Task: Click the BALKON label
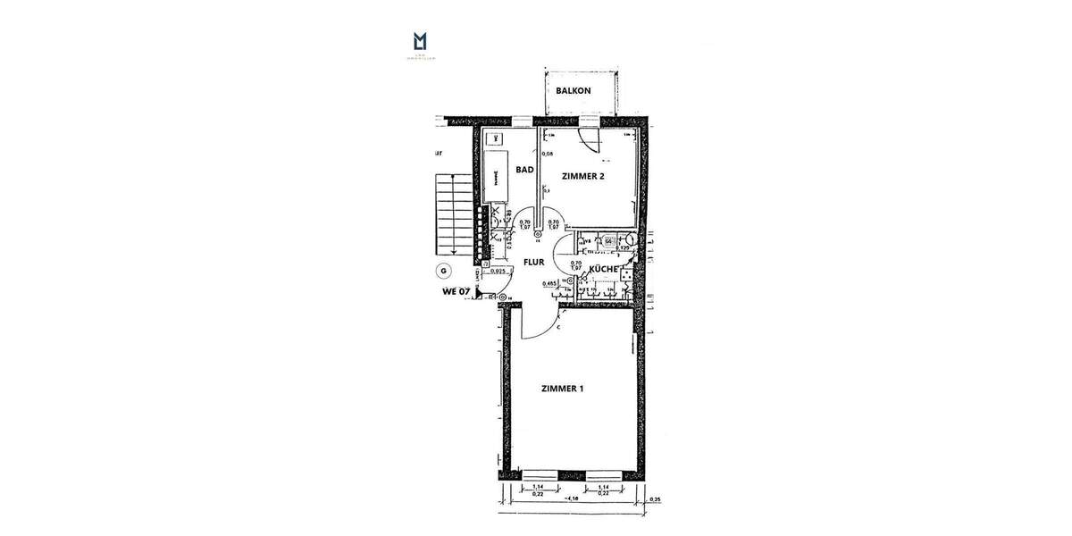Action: click(573, 91)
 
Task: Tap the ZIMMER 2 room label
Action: click(582, 177)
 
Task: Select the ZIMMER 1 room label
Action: click(563, 389)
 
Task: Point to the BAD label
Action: click(524, 169)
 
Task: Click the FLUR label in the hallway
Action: click(534, 263)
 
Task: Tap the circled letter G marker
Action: click(442, 270)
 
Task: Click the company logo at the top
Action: click(420, 42)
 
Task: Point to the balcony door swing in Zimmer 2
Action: click(588, 139)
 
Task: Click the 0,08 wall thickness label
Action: click(548, 154)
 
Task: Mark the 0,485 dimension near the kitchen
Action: click(551, 283)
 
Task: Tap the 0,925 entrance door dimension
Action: click(499, 271)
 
